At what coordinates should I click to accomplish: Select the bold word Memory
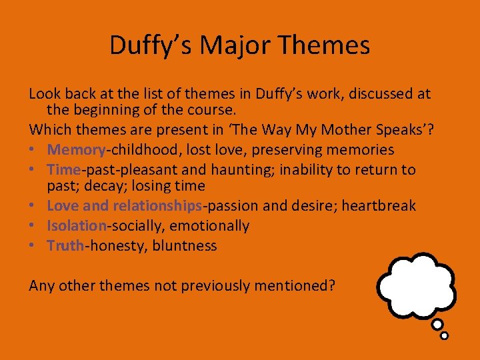click(x=77, y=150)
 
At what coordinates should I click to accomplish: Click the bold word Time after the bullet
click(x=64, y=169)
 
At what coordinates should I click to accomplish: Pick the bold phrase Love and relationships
click(x=125, y=206)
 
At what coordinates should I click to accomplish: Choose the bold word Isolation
click(x=77, y=226)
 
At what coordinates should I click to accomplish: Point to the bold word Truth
click(x=65, y=245)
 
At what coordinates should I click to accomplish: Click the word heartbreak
click(x=379, y=206)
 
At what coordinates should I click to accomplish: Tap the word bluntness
click(x=185, y=245)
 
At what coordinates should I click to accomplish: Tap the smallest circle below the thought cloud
click(x=445, y=335)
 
